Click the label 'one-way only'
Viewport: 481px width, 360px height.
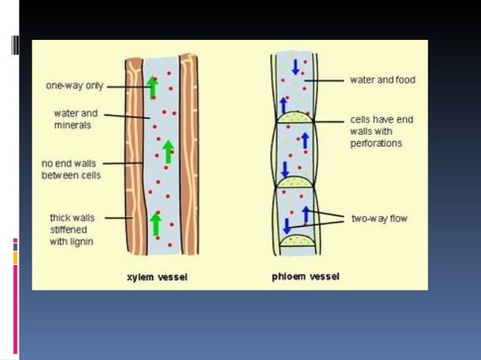coord(75,86)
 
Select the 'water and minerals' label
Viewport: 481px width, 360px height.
coord(75,119)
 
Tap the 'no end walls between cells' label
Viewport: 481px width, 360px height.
coord(70,169)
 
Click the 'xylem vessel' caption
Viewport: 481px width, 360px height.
coord(157,277)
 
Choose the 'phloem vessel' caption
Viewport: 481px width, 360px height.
coord(305,276)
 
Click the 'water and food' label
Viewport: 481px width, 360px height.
coord(382,80)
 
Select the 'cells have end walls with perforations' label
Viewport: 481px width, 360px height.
coord(381,131)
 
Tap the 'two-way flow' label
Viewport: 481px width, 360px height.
coord(379,218)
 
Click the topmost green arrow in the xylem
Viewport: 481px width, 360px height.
coord(152,87)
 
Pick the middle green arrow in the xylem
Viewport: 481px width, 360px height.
coord(168,151)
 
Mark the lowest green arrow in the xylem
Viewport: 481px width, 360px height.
coord(155,223)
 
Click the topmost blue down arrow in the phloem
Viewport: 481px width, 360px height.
coord(296,66)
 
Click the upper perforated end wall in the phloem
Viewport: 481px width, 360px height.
coord(296,117)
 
